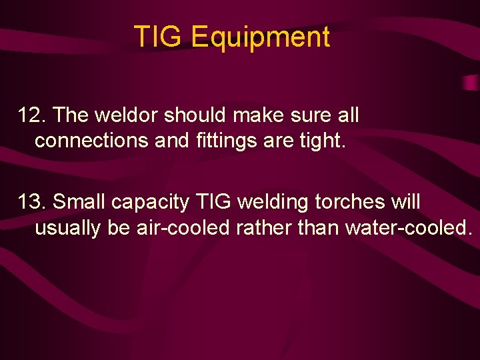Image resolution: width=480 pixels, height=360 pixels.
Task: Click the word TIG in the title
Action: tap(159, 37)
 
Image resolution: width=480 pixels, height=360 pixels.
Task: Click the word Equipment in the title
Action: tap(260, 38)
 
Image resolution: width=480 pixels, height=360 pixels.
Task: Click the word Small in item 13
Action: tap(79, 202)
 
